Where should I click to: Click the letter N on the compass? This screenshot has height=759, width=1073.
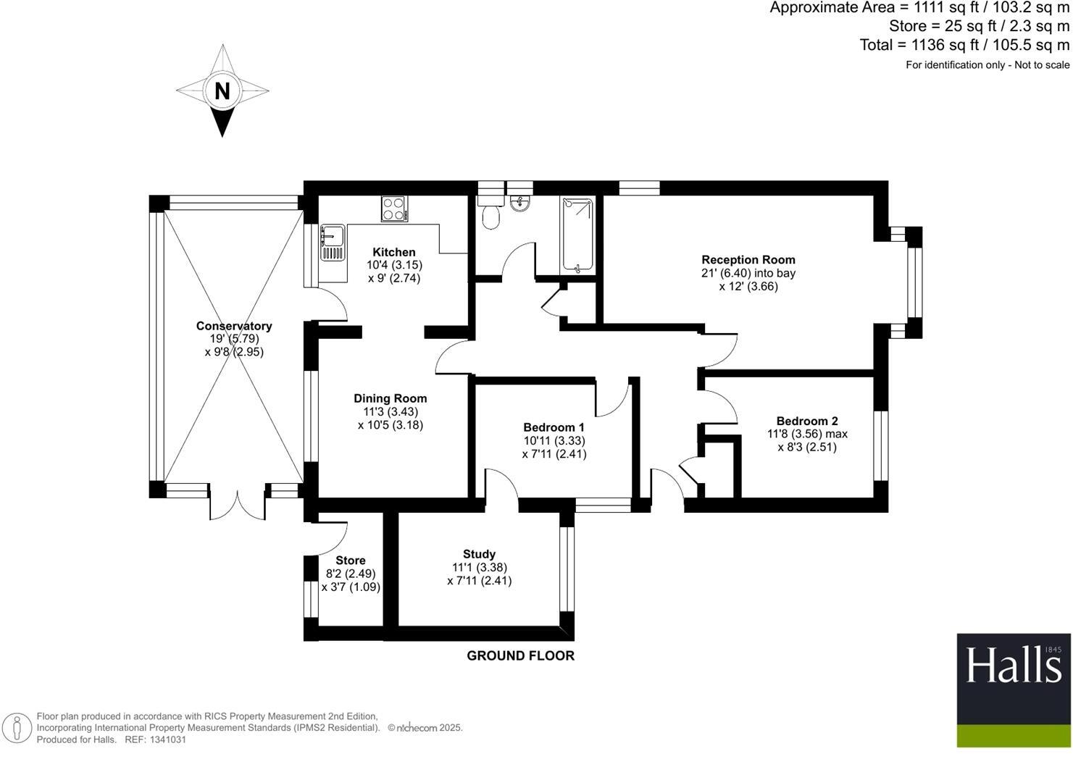[222, 91]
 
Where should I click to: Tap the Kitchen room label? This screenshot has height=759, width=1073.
[394, 252]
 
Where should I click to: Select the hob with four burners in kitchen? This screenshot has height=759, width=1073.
[394, 209]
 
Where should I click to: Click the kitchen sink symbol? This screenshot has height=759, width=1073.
[333, 243]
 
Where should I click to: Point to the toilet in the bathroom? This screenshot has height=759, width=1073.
[491, 215]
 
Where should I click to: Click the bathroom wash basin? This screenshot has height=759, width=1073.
[519, 204]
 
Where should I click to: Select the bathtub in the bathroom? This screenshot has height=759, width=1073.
[577, 235]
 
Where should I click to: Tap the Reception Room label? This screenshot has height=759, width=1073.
[748, 259]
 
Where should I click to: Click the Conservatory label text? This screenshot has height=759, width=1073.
[233, 326]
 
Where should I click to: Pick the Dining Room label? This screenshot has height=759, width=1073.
[390, 398]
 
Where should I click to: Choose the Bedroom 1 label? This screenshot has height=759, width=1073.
[554, 427]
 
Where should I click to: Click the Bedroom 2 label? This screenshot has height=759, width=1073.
[806, 421]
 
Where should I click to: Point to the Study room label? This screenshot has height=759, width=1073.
[479, 554]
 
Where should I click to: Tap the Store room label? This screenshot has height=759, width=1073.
[350, 560]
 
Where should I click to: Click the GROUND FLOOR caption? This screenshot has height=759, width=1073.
[520, 655]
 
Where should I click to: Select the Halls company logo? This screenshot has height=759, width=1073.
[1013, 690]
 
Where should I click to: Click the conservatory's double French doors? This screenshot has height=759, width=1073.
[237, 505]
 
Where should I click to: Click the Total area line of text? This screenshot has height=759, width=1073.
[964, 45]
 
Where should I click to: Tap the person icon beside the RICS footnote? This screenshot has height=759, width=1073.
[17, 728]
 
